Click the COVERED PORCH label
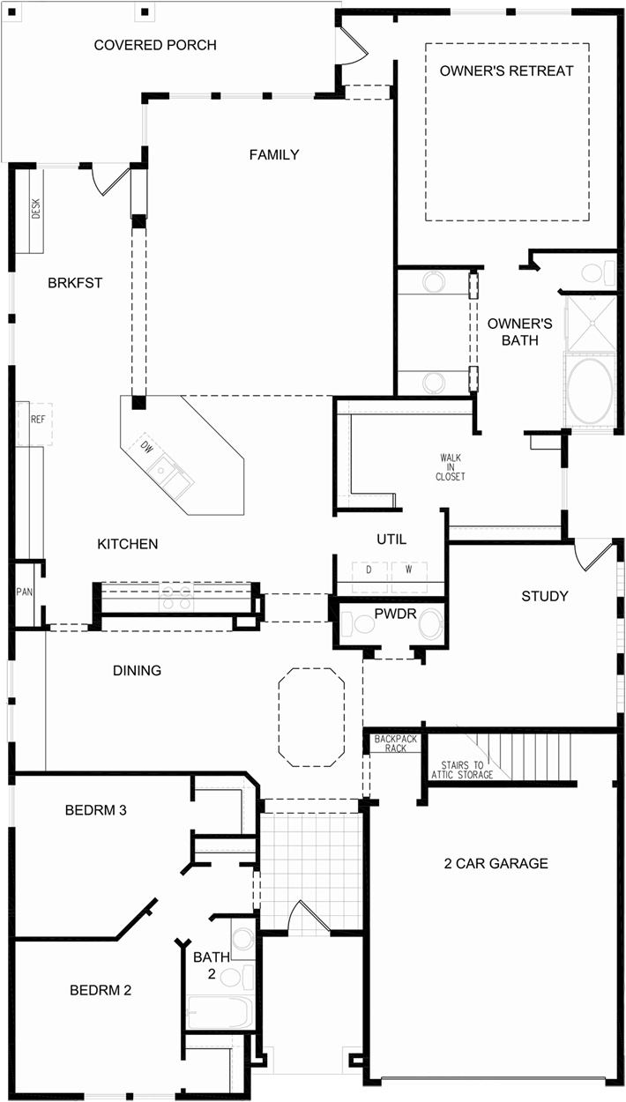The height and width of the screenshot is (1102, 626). click(155, 45)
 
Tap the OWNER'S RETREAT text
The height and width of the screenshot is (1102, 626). click(506, 71)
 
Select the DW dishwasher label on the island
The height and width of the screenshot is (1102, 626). click(146, 447)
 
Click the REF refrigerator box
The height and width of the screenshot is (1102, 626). click(35, 424)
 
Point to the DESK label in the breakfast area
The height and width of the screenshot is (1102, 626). click(36, 209)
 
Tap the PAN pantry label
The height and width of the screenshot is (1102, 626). click(24, 592)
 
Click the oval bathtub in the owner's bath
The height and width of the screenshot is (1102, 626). click(590, 390)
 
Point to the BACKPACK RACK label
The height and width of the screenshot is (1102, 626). click(396, 743)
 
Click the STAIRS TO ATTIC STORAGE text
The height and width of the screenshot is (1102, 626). click(462, 770)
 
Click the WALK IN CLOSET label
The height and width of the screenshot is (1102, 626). click(451, 467)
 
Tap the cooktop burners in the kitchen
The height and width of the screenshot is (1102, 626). click(175, 598)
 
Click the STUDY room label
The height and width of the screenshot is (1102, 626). click(545, 596)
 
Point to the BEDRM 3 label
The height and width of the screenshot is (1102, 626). click(96, 810)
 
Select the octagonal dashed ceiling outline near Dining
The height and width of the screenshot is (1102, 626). click(311, 717)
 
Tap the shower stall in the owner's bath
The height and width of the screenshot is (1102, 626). click(591, 324)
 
